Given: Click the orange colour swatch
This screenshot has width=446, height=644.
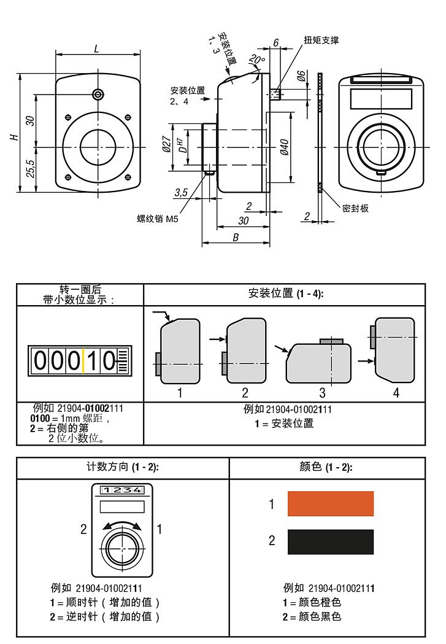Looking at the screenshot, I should tap(330, 503).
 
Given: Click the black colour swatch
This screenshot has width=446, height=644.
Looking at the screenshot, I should tap(330, 541).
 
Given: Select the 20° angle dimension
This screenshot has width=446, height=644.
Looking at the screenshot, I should tap(256, 60).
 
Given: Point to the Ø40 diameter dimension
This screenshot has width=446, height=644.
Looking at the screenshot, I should tap(284, 146).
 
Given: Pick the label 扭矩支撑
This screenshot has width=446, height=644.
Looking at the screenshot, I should tap(321, 41).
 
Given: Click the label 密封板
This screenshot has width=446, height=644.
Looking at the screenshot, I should tap(355, 208).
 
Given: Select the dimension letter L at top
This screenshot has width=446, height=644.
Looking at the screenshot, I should tap(98, 48).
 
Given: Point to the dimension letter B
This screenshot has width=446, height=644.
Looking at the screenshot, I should tap(236, 238).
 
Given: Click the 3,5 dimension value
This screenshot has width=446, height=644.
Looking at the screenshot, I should tap(180, 192).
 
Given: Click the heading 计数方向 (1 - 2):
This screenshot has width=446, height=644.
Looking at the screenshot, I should tap(123, 468).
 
